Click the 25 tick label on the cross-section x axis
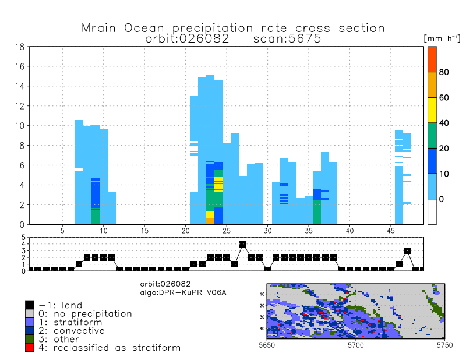(x=227, y=231)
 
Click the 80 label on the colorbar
(x=444, y=72)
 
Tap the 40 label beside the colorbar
(x=444, y=123)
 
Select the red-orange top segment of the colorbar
(x=432, y=59)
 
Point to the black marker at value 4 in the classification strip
(x=243, y=244)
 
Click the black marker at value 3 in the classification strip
(x=407, y=250)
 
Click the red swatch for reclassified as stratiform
(x=30, y=347)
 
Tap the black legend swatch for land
(x=30, y=305)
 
